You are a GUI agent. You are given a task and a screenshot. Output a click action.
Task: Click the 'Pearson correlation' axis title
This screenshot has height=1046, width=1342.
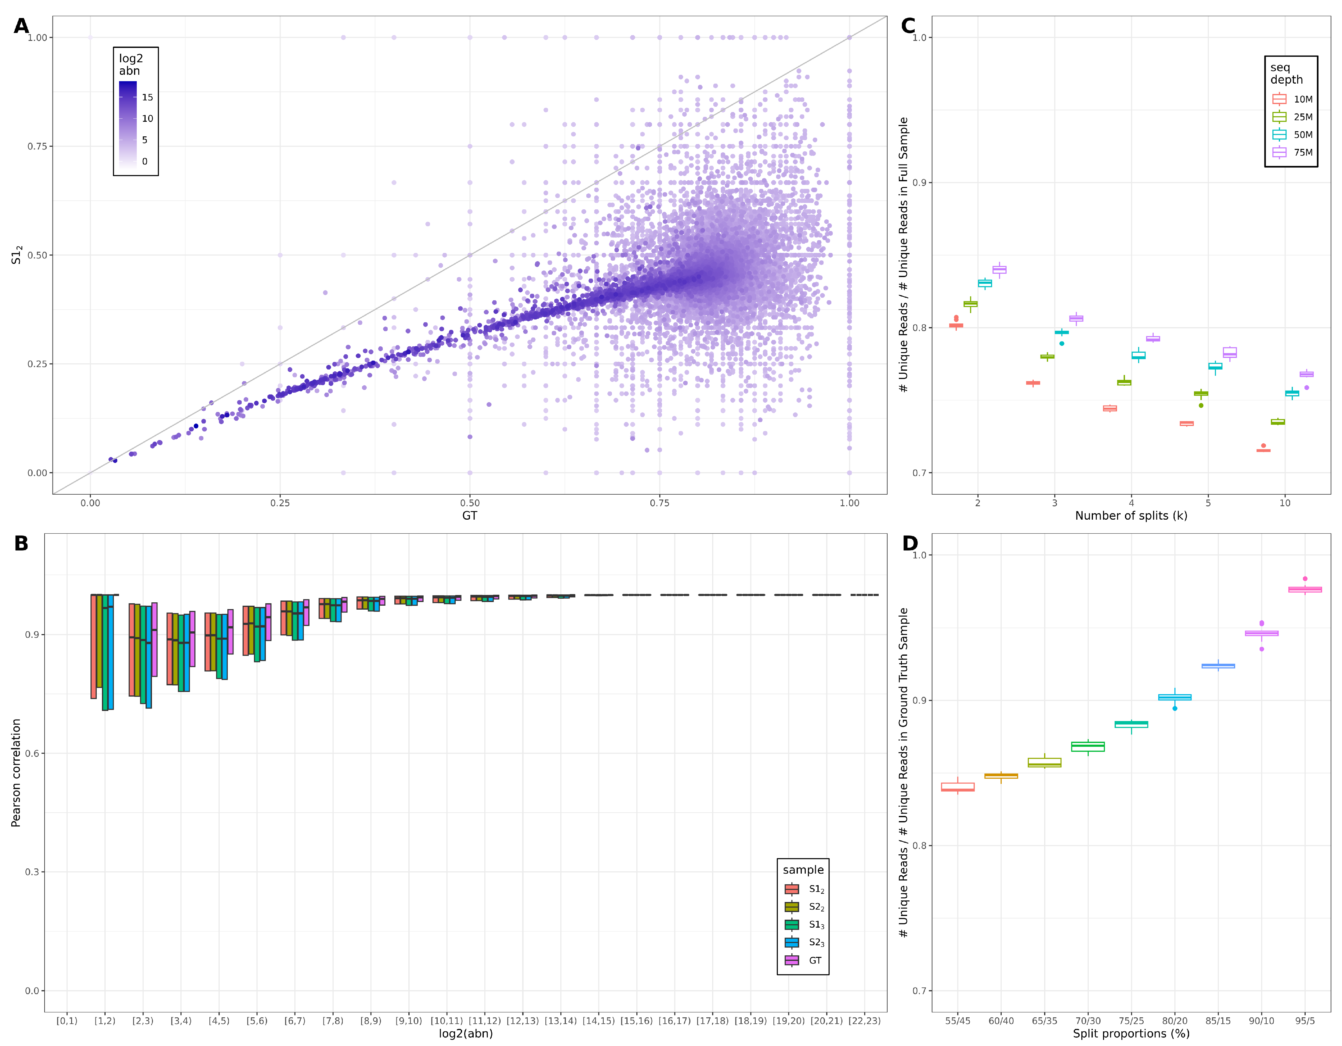coord(16,773)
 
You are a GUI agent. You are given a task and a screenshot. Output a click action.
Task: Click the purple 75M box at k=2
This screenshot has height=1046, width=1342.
coord(999,270)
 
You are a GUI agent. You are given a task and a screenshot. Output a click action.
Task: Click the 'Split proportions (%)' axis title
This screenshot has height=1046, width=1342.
coord(1130,1034)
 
